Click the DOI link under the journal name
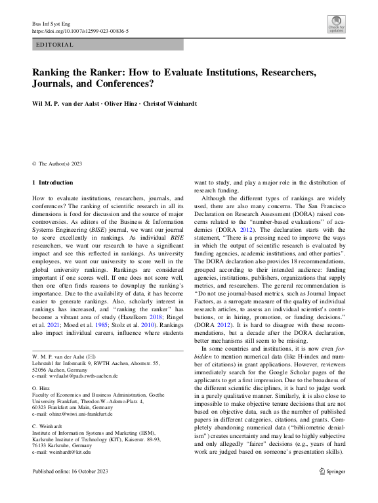tap(80, 31)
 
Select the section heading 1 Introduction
tap(53, 182)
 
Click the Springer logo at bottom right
tap(332, 490)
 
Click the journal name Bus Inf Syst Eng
tap(50, 24)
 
